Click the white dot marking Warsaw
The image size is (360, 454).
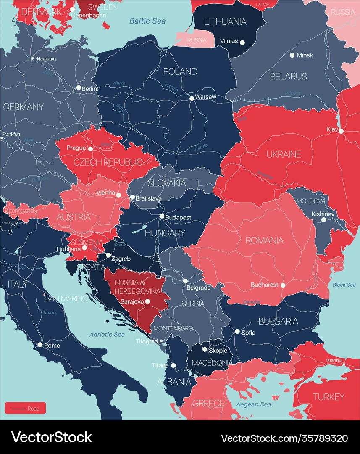click(x=192, y=98)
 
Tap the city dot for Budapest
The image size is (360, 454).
click(x=162, y=216)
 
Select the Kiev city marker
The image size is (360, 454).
click(x=341, y=131)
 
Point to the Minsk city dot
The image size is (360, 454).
click(x=292, y=55)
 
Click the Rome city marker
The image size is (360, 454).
click(x=40, y=345)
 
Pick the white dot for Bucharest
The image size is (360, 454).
click(x=283, y=285)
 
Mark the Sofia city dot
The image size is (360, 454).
click(x=237, y=332)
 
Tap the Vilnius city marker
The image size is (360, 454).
click(x=242, y=41)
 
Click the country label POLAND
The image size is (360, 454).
click(x=180, y=71)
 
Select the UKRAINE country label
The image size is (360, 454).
click(x=284, y=154)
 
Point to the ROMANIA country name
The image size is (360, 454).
click(x=264, y=240)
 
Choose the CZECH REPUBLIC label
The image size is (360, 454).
click(x=108, y=162)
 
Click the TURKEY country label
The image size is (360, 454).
click(x=328, y=396)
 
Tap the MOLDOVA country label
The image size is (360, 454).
click(x=311, y=202)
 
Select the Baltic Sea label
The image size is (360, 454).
click(x=147, y=21)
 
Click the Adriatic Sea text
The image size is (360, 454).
click(x=107, y=334)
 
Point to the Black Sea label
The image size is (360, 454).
click(x=344, y=285)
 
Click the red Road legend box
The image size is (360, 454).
click(x=25, y=408)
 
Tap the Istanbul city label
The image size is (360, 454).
click(x=333, y=360)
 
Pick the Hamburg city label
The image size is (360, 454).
click(x=46, y=59)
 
